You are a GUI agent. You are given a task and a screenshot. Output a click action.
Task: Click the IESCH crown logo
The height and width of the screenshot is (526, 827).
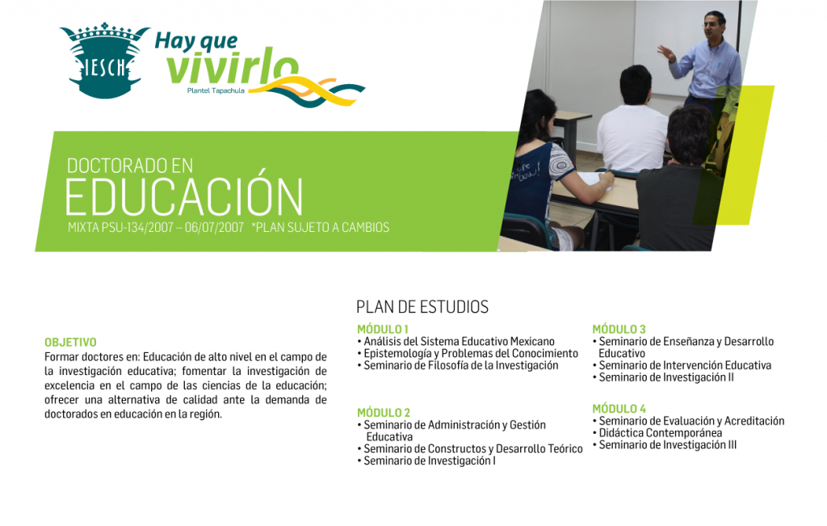click(x=104, y=61)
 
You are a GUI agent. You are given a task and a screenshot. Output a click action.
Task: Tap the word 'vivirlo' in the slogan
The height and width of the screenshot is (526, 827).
click(x=233, y=69)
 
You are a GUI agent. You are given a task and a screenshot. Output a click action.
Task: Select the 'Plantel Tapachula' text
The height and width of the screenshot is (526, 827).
click(x=216, y=90)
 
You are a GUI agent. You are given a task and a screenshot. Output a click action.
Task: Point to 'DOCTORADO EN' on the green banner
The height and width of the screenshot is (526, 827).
click(x=130, y=166)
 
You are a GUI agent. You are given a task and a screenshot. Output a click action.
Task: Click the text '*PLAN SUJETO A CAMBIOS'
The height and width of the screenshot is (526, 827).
click(x=321, y=227)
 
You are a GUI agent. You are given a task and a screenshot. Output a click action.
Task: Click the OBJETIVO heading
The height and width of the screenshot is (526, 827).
click(x=70, y=343)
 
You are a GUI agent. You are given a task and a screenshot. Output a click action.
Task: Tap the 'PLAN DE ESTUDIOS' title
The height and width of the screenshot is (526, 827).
click(x=422, y=307)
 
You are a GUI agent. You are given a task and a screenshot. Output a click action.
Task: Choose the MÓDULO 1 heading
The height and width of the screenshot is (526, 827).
click(x=382, y=329)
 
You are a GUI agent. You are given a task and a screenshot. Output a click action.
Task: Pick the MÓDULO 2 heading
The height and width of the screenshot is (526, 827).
click(x=384, y=413)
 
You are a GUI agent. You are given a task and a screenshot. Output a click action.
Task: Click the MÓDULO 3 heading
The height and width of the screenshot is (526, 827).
click(x=619, y=329)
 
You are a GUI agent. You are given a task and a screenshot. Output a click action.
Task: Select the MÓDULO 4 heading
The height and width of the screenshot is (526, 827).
click(x=619, y=409)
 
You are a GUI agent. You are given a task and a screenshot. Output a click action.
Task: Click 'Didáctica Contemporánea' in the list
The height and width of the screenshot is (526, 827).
click(x=661, y=433)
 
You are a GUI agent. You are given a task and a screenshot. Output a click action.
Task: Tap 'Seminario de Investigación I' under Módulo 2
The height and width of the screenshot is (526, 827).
click(x=430, y=461)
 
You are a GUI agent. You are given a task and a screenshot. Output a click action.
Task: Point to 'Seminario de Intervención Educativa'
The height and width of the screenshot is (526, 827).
click(x=685, y=366)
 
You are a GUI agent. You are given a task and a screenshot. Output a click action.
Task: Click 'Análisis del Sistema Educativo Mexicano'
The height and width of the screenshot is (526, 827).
click(x=459, y=342)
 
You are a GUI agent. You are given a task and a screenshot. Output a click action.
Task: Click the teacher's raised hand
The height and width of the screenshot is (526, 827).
click(x=666, y=53)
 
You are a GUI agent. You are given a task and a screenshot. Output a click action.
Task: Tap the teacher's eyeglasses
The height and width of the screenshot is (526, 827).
click(x=711, y=23)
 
